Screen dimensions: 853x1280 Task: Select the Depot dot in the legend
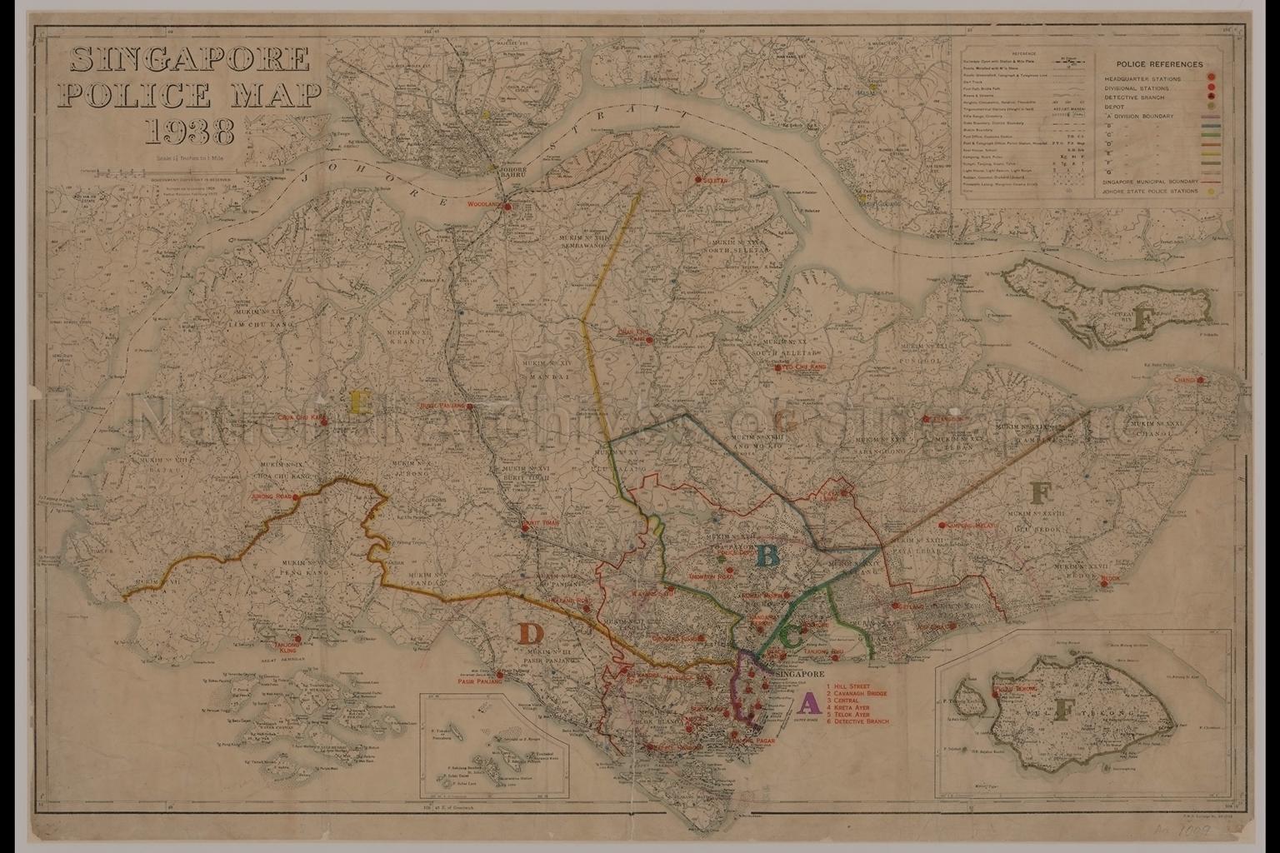(x=1210, y=107)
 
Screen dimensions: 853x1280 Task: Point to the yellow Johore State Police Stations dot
(x=1210, y=192)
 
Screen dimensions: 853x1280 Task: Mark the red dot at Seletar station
(x=697, y=180)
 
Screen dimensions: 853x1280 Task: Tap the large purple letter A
(x=807, y=704)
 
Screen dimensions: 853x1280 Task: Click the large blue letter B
(x=767, y=556)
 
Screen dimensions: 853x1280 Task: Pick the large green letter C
(x=792, y=637)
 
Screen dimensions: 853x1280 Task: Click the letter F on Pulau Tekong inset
(x=1062, y=710)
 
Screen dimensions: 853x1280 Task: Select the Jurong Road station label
(x=271, y=497)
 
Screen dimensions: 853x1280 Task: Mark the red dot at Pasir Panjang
(x=499, y=675)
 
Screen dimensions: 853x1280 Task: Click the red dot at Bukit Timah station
(x=524, y=526)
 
